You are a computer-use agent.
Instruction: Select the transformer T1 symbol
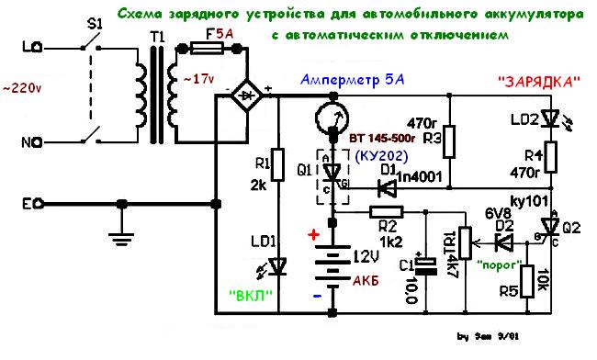click(157, 95)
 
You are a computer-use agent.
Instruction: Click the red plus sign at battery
click(313, 236)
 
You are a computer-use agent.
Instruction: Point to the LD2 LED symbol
click(549, 118)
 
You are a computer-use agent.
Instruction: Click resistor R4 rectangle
click(549, 159)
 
